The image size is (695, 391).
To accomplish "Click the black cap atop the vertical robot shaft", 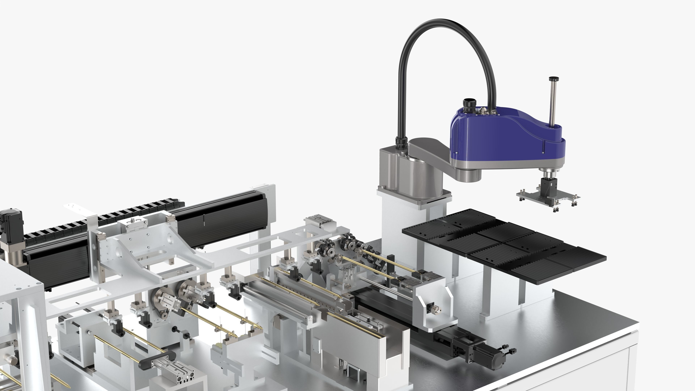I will tap(554, 79).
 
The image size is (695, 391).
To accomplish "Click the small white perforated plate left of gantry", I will tap(75, 209).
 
